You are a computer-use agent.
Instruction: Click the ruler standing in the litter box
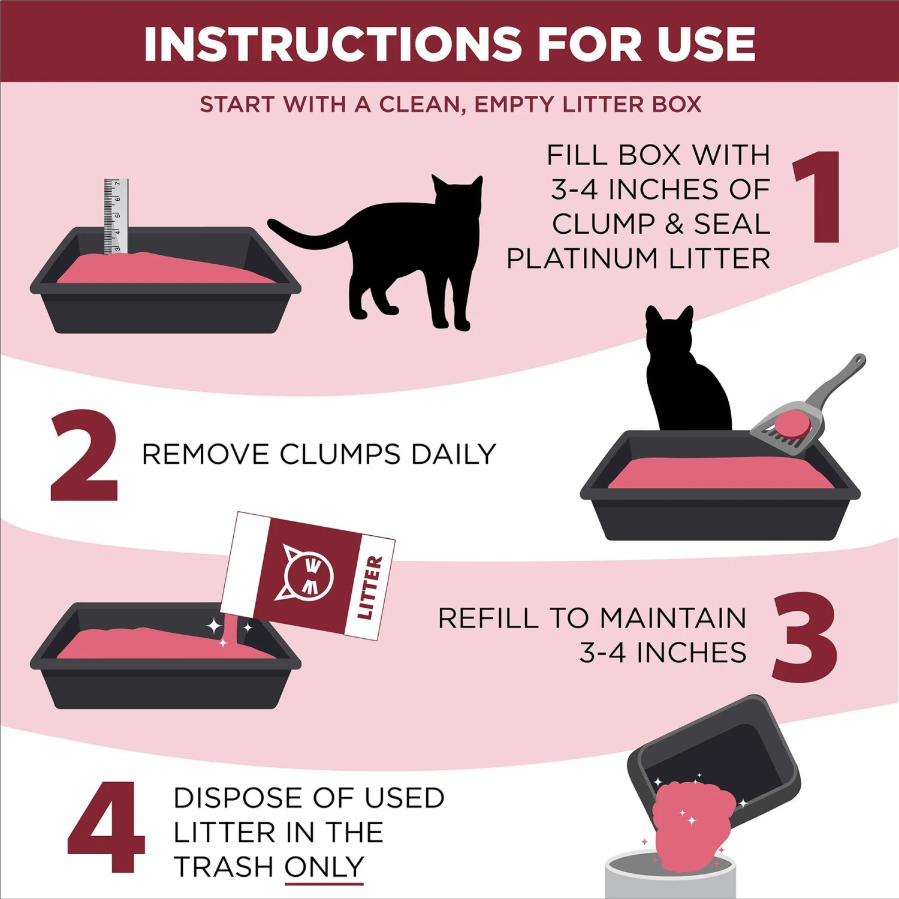click(116, 216)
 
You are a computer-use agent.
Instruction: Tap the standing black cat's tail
click(306, 237)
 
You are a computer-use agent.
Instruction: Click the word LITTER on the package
click(369, 587)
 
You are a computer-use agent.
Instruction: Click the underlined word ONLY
click(324, 867)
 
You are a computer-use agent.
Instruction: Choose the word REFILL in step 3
click(488, 619)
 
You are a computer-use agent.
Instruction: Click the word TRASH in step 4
click(224, 867)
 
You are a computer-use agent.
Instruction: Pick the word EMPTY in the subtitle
click(514, 105)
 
